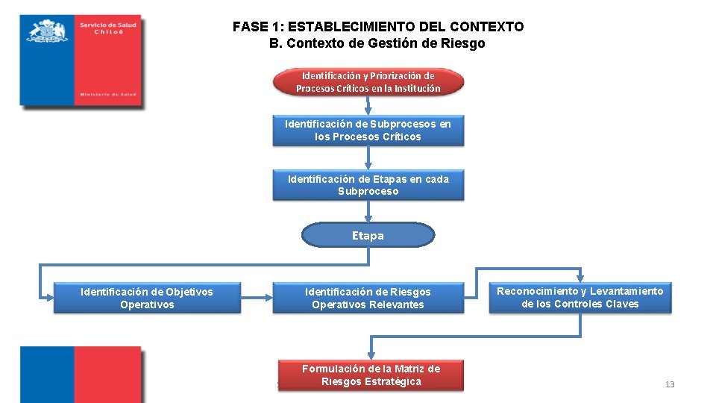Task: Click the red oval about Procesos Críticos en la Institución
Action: [x=368, y=82]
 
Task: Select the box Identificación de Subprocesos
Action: [x=368, y=131]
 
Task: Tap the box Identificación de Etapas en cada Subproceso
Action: [x=368, y=185]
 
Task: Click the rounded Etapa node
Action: [x=368, y=235]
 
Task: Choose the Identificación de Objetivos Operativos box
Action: [x=147, y=298]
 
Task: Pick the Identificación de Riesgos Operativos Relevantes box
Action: [x=368, y=298]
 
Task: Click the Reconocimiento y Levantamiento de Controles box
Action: [x=580, y=297]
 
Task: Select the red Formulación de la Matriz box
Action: [x=371, y=375]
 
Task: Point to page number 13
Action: [x=669, y=384]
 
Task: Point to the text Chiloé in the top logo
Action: [x=107, y=32]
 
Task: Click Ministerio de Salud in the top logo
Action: [x=107, y=95]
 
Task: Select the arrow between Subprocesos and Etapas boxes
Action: [x=368, y=158]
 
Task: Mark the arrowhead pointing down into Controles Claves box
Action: [x=580, y=277]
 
